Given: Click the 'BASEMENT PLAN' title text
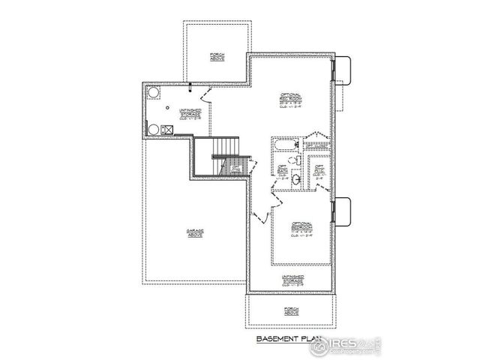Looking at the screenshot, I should tap(284, 338).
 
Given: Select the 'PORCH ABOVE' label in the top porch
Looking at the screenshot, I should tap(217, 57).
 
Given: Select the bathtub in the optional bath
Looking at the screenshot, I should tap(283, 143).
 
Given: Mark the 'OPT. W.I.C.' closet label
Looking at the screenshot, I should tap(319, 172).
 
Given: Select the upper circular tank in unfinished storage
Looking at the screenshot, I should tap(154, 92).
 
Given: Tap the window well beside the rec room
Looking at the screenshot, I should tap(342, 70).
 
